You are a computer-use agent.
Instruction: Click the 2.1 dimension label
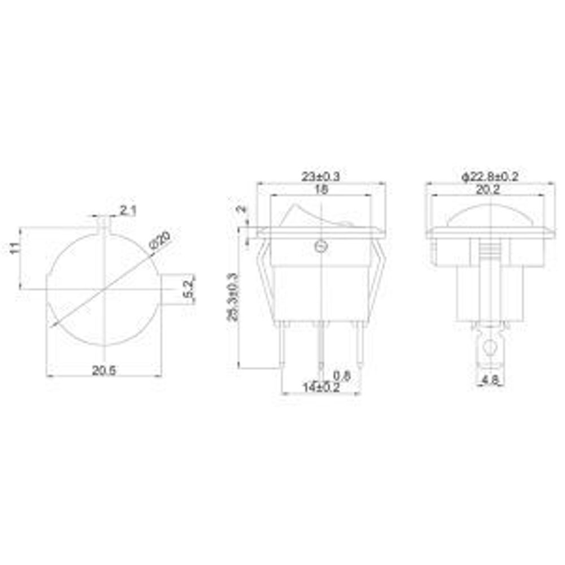pyautogui.click(x=128, y=211)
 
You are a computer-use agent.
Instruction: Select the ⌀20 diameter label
pyautogui.click(x=160, y=241)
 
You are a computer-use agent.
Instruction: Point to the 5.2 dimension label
pyautogui.click(x=190, y=289)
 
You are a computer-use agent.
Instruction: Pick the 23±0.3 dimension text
pyautogui.click(x=321, y=177)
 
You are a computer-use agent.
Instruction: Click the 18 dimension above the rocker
pyautogui.click(x=321, y=190)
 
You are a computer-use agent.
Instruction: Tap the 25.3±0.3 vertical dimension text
pyautogui.click(x=232, y=297)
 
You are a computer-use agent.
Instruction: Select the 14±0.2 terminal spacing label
pyautogui.click(x=320, y=388)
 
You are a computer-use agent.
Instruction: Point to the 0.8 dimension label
pyautogui.click(x=342, y=375)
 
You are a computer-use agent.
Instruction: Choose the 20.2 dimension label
pyautogui.click(x=489, y=190)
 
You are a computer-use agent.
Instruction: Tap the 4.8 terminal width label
pyautogui.click(x=489, y=381)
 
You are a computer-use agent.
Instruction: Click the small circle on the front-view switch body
pyautogui.click(x=320, y=246)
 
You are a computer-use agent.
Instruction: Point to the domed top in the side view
pyautogui.click(x=489, y=216)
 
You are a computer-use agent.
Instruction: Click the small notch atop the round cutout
pyautogui.click(x=105, y=225)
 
